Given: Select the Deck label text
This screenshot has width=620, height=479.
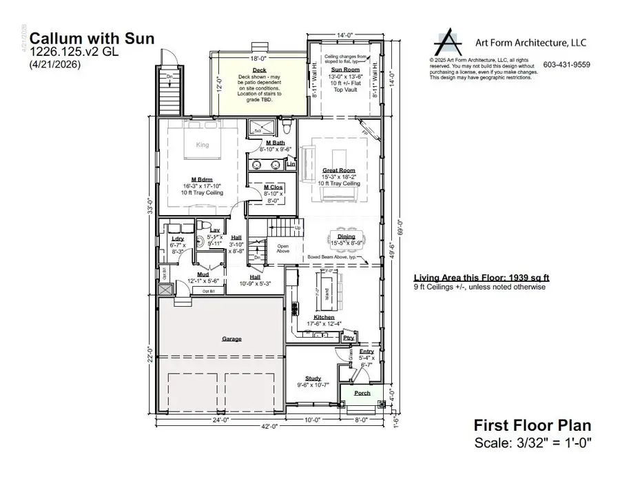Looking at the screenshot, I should point(240,70).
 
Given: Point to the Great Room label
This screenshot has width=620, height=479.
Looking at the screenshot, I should point(338,170).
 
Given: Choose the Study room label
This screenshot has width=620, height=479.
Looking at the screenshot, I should point(313,378).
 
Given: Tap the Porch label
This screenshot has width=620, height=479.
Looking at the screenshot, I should point(362,393).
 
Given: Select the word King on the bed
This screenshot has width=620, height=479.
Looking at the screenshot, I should point(203,145).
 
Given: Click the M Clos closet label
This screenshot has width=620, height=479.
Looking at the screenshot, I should point(273,187).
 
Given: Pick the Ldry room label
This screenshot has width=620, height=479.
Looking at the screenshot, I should point(176,238).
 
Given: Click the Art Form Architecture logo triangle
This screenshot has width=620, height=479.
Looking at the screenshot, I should point(449,43).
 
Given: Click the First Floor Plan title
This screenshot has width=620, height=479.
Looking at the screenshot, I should point(533,426).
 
